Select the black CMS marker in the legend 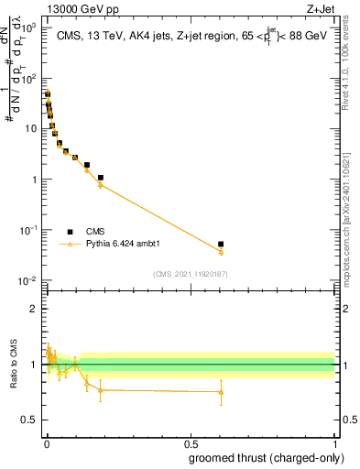pyautogui.click(x=71, y=232)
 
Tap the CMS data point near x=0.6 pyautogui.click(x=221, y=245)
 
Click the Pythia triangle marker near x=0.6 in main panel pyautogui.click(x=221, y=252)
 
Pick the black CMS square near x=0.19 pyautogui.click(x=100, y=178)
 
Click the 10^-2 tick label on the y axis pyautogui.click(x=30, y=280)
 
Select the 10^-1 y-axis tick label pyautogui.click(x=30, y=230)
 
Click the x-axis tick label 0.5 pyautogui.click(x=190, y=442)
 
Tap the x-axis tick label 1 pyautogui.click(x=333, y=442)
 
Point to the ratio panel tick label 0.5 pyautogui.click(x=29, y=420)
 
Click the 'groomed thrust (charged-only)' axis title pyautogui.click(x=268, y=458)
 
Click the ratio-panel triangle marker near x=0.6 pyautogui.click(x=221, y=392)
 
